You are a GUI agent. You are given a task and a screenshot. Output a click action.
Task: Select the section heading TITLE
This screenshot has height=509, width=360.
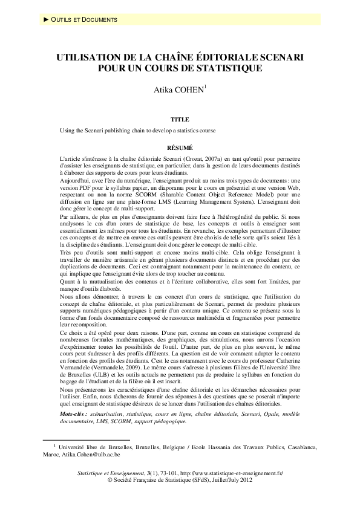point(180,120)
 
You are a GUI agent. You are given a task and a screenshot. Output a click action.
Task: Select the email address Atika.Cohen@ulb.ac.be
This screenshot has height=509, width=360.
point(97,454)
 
